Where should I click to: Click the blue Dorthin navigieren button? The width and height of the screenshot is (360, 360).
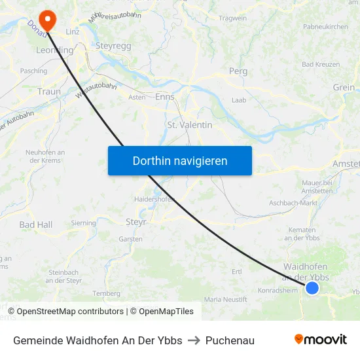(x=179, y=160)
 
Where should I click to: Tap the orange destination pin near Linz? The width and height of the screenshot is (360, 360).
(x=47, y=18)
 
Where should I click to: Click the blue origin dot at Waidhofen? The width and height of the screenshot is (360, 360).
(x=312, y=288)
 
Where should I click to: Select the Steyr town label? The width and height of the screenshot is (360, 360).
(x=135, y=222)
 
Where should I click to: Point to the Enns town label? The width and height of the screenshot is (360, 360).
(x=164, y=96)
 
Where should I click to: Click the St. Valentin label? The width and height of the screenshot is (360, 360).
(x=190, y=124)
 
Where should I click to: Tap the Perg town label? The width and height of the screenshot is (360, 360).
(x=238, y=71)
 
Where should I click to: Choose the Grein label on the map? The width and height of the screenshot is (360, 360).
(x=344, y=88)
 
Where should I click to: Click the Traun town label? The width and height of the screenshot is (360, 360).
(x=49, y=92)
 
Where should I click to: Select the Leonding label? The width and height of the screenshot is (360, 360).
(x=54, y=50)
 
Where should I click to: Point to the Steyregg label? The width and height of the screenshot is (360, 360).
(x=114, y=47)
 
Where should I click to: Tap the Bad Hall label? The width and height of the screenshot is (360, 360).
(x=35, y=225)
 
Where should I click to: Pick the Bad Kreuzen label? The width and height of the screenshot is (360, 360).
(x=321, y=64)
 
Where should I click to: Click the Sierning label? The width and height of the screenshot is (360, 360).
(x=83, y=223)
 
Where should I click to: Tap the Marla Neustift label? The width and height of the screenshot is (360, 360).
(x=226, y=299)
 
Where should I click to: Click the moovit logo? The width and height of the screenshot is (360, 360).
(x=320, y=340)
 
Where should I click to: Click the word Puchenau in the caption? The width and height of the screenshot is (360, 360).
(x=230, y=340)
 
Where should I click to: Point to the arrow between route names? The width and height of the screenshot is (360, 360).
(x=194, y=340)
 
